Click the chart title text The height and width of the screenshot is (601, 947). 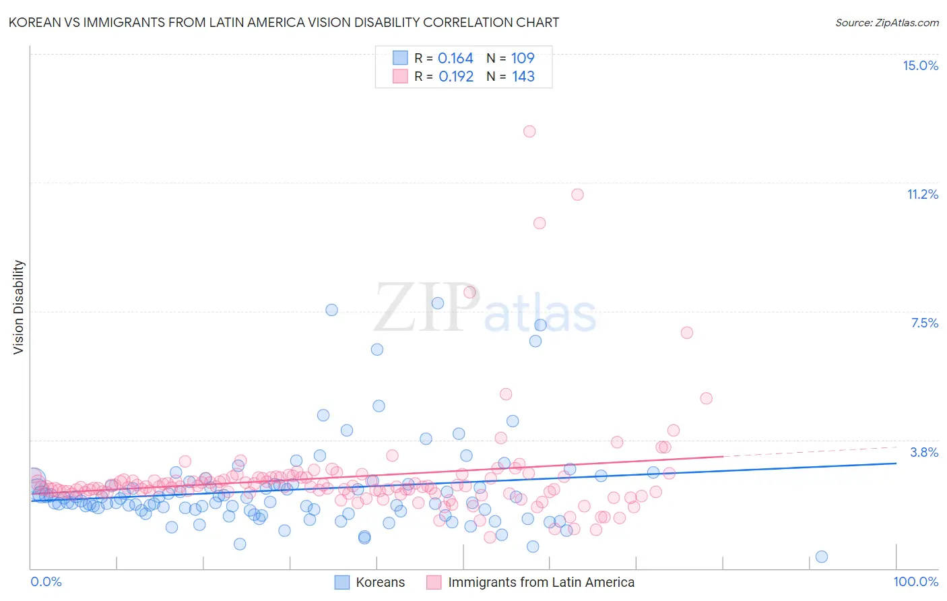tap(284, 22)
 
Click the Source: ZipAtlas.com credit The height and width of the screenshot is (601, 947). tap(886, 22)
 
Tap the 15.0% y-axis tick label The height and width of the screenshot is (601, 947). tap(920, 65)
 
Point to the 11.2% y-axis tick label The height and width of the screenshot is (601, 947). tap(922, 194)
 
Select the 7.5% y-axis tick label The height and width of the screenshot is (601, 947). tap(924, 323)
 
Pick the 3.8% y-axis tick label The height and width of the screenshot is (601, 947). tap(924, 452)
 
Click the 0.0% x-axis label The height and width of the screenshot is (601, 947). tap(46, 581)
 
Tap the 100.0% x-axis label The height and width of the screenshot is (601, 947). tap(915, 581)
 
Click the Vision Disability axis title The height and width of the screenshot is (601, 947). tap(19, 307)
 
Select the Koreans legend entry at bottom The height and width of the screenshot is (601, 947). tap(380, 582)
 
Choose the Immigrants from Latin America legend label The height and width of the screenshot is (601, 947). tap(541, 582)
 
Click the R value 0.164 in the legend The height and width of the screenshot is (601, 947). tap(455, 58)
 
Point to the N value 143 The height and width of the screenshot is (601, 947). tap(523, 76)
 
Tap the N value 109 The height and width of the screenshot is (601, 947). tap(523, 58)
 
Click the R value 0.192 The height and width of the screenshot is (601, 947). tap(456, 76)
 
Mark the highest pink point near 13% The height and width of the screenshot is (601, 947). tap(529, 131)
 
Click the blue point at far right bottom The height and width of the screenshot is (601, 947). tap(821, 557)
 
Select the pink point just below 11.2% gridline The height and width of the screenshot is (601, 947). tap(577, 195)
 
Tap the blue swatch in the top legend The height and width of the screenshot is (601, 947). tap(400, 58)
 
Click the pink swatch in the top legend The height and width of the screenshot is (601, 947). tap(400, 76)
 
